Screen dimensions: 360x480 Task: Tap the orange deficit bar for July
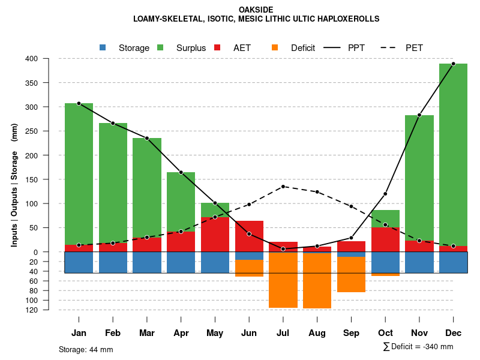tap(283, 280)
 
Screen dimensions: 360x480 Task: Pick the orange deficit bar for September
tap(351, 274)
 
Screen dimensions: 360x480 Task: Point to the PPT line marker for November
tap(419, 115)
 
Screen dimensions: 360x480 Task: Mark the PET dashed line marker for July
tap(283, 187)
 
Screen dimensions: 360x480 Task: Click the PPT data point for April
tap(181, 172)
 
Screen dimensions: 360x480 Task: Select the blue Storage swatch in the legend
tap(103, 47)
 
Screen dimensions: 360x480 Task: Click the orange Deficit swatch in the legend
tap(275, 47)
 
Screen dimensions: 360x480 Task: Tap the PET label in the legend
tap(414, 47)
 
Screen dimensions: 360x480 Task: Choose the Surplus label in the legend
tap(191, 47)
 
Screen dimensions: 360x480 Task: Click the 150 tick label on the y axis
tap(32, 179)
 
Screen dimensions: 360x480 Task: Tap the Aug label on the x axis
tap(317, 333)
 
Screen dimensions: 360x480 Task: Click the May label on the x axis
tap(215, 333)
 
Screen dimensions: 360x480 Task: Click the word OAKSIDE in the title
tap(256, 10)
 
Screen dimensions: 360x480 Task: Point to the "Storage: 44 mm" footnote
tap(86, 349)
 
